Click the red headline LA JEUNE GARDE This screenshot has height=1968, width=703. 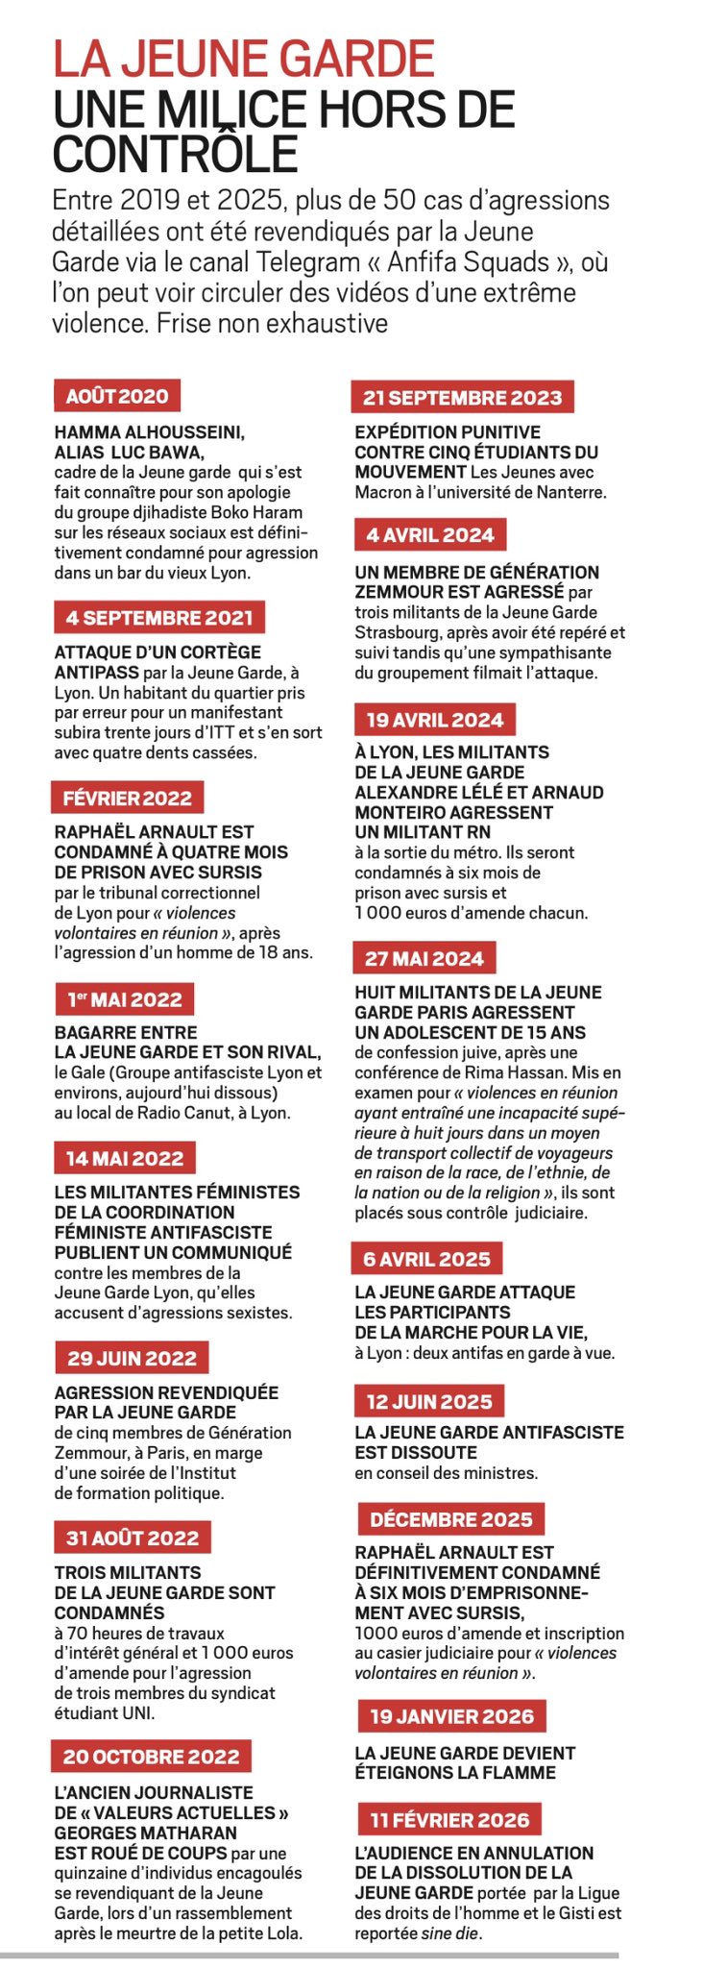tap(244, 60)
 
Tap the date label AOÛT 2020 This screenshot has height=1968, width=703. tap(116, 396)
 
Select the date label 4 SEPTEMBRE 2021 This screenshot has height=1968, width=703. tap(159, 617)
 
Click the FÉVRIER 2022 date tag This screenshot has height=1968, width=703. tap(127, 798)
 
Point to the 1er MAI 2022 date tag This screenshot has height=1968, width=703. tap(124, 999)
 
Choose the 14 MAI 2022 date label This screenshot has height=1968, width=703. tap(125, 1158)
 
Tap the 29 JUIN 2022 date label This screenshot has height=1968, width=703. tap(132, 1358)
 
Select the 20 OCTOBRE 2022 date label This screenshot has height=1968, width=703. tap(151, 1757)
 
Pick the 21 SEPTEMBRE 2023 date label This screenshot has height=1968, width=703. tap(462, 398)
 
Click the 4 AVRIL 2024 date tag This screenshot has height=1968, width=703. tap(430, 535)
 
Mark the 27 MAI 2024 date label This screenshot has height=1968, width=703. tap(424, 958)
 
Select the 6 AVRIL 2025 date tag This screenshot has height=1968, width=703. tap(427, 1259)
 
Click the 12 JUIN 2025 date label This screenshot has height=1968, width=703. tap(429, 1401)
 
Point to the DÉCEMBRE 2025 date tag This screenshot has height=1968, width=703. tap(450, 1519)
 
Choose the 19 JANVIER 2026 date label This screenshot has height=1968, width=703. tap(451, 1715)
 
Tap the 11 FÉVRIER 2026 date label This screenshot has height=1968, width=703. tap(449, 1819)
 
